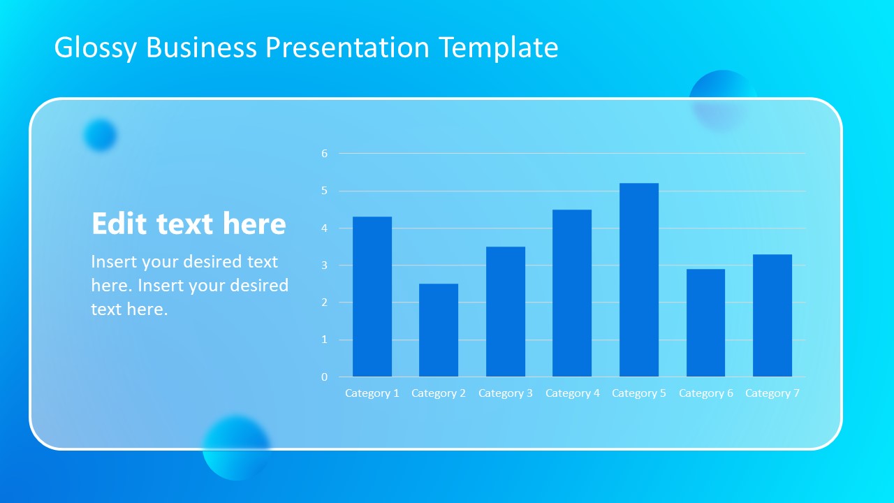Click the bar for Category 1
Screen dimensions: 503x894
[x=372, y=297]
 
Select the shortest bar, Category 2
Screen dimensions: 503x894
[x=439, y=330]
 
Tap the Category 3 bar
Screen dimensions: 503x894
[x=505, y=312]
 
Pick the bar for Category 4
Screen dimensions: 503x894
[x=572, y=293]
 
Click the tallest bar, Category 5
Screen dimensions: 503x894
[x=638, y=280]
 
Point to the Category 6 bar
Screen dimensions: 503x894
[x=705, y=323]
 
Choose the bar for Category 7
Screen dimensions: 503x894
[x=772, y=316]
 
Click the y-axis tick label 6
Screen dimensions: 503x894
[x=324, y=154]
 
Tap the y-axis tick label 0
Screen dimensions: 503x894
[x=324, y=377]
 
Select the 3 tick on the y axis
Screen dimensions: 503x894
[x=324, y=265]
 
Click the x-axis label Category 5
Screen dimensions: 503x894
[x=638, y=393]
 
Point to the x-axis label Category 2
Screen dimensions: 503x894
[x=439, y=393]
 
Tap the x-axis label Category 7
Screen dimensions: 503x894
[x=772, y=393]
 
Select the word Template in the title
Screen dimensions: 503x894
[x=499, y=48]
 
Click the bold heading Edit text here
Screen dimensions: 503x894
[x=189, y=224]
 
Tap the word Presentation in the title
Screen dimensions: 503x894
[x=347, y=48]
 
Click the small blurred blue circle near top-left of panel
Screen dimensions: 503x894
[x=100, y=135]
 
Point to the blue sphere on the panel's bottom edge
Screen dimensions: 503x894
[x=236, y=448]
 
